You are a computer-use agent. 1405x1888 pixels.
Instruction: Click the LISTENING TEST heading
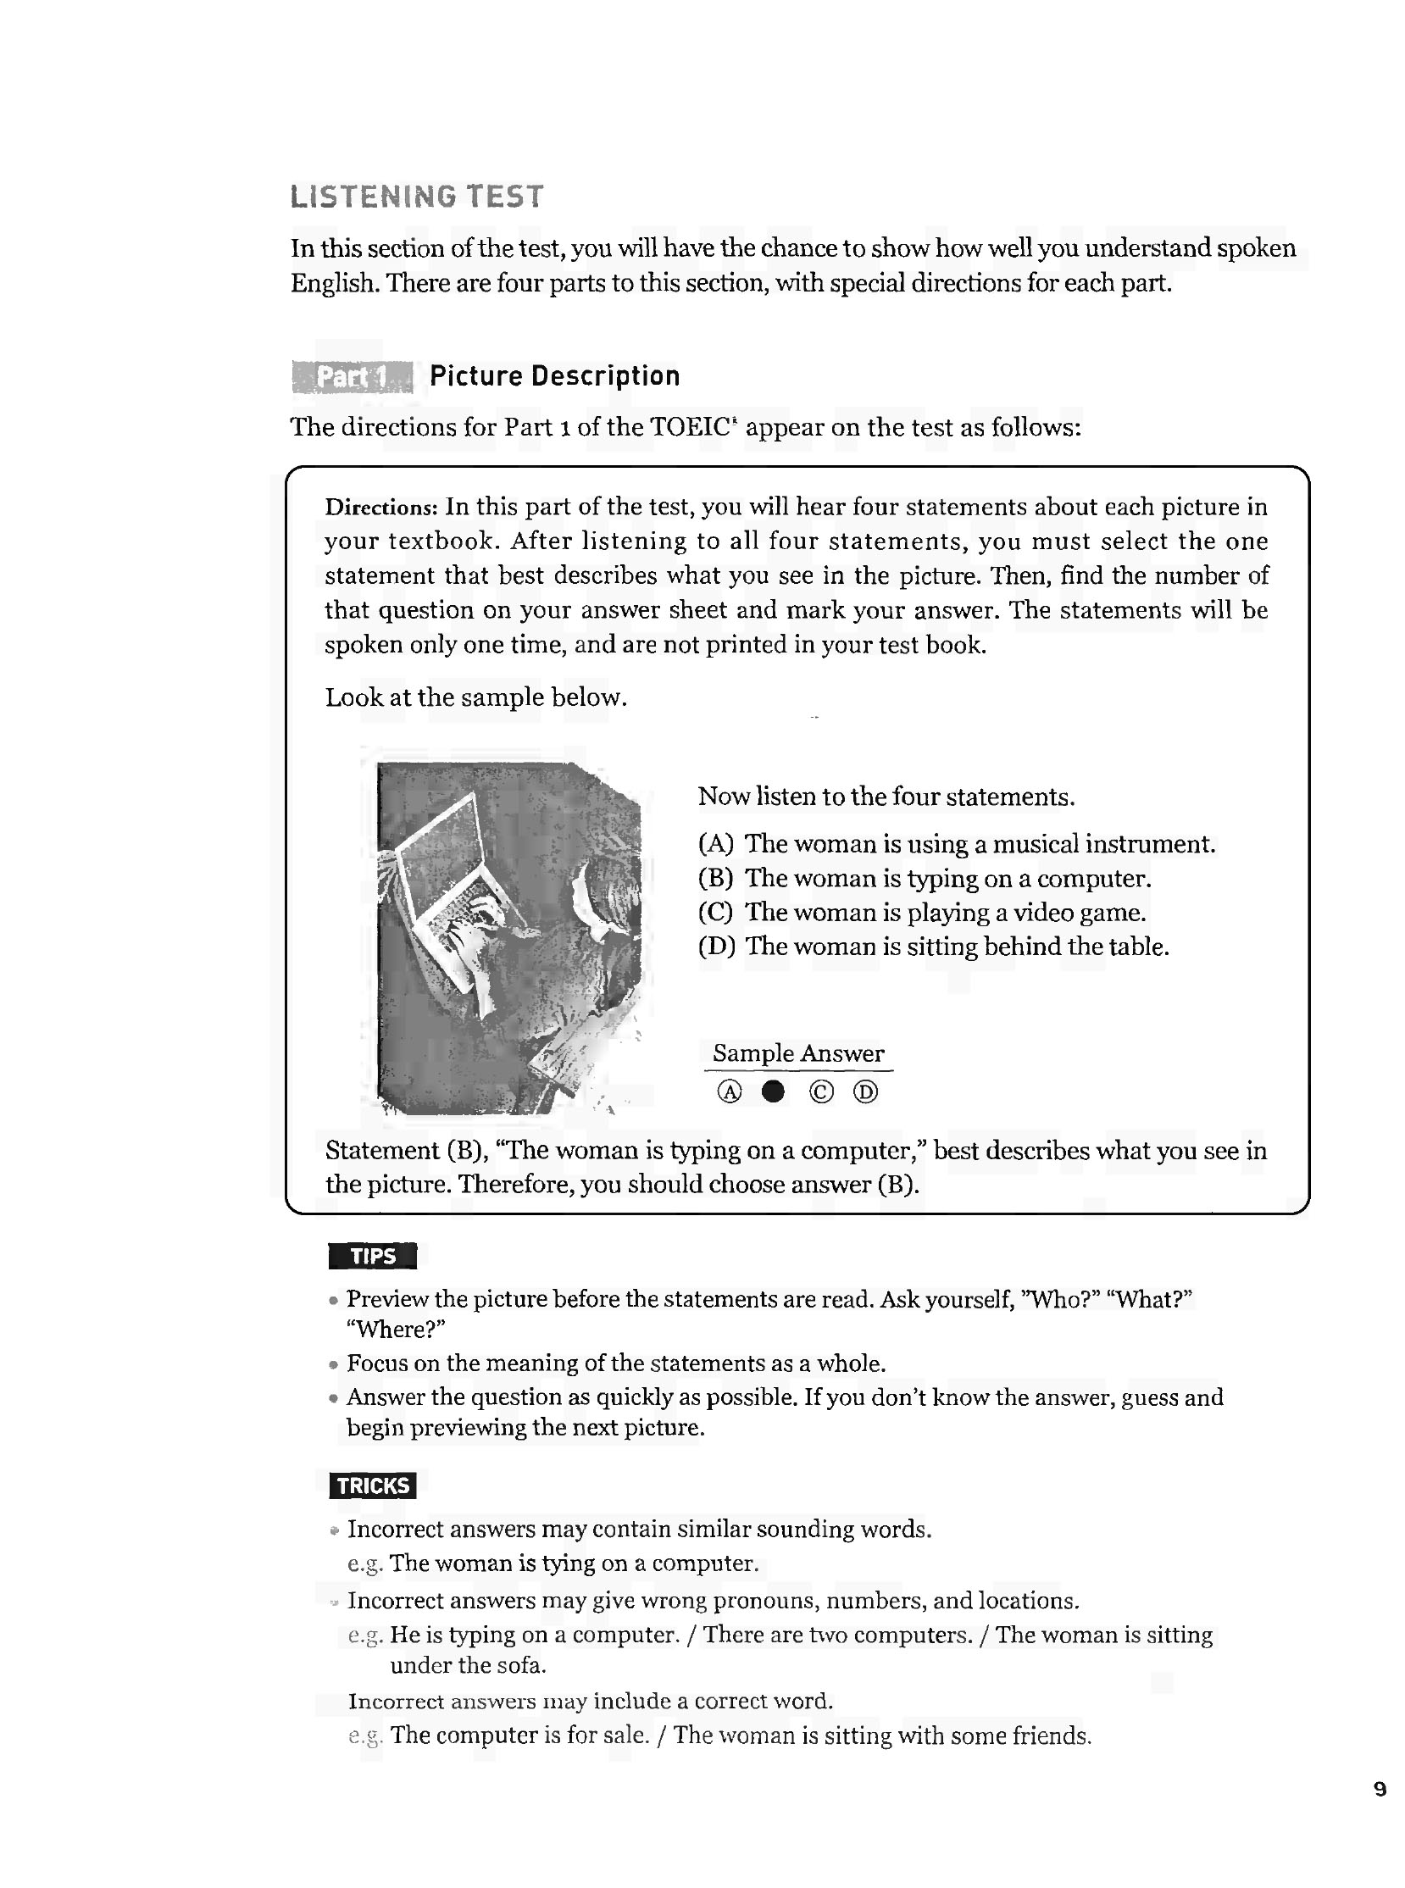(x=416, y=197)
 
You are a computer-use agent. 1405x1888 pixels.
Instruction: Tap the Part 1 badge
(x=353, y=377)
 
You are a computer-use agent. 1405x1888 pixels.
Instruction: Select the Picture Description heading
(x=554, y=376)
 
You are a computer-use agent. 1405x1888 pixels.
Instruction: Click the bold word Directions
(x=380, y=508)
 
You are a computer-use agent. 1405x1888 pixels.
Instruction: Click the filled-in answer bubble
(x=772, y=1091)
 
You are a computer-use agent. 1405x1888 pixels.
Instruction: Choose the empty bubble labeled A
(x=730, y=1091)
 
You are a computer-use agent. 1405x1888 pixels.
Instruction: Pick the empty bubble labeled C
(x=821, y=1091)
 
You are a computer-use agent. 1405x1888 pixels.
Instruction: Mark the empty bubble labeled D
(x=865, y=1091)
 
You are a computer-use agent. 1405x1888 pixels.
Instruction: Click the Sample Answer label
(x=797, y=1052)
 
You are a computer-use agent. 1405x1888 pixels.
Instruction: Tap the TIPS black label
(x=373, y=1256)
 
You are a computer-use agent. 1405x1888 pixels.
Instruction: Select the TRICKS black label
(x=373, y=1485)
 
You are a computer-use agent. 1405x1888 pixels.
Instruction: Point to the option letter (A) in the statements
(x=715, y=844)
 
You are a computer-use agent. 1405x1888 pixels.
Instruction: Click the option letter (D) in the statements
(x=716, y=947)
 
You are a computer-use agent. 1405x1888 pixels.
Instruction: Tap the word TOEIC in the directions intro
(x=691, y=426)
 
